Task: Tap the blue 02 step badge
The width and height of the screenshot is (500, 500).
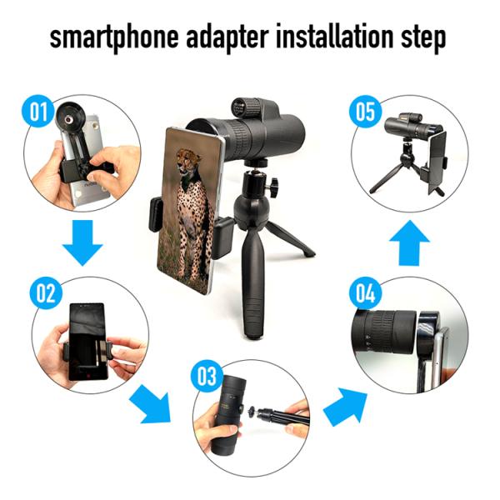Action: pos(45,293)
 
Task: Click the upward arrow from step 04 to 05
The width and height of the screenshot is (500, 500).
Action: pos(407,242)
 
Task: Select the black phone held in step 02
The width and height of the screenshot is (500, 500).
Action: pos(85,342)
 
